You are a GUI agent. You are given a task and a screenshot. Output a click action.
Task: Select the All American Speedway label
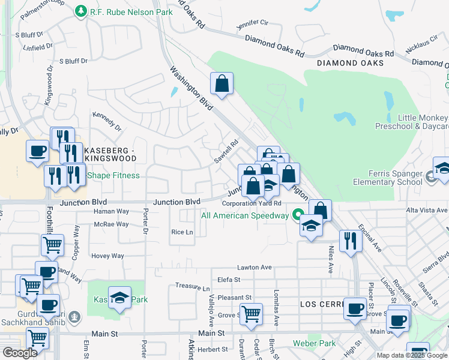click(244, 215)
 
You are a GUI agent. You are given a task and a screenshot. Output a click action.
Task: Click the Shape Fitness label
click(113, 175)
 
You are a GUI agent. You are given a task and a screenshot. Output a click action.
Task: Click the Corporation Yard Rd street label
click(256, 203)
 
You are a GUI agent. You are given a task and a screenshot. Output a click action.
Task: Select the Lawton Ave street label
click(255, 267)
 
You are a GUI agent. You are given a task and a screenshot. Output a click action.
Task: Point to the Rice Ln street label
click(182, 232)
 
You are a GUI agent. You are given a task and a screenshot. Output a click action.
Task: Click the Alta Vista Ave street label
click(427, 210)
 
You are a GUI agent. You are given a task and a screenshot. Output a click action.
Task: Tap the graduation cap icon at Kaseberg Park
click(119, 297)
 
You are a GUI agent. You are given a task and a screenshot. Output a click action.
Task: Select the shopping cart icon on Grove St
click(251, 313)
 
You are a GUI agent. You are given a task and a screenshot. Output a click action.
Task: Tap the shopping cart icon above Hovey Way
click(52, 245)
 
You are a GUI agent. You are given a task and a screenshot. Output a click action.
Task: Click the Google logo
click(20, 353)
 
